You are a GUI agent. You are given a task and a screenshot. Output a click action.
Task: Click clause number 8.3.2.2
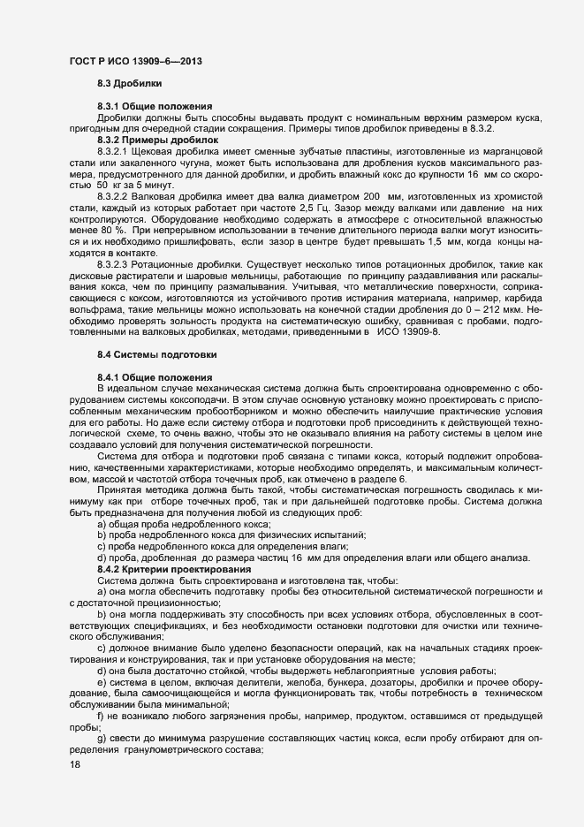[x=113, y=195]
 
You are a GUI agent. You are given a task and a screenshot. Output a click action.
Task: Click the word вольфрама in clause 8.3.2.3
[x=93, y=309]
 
